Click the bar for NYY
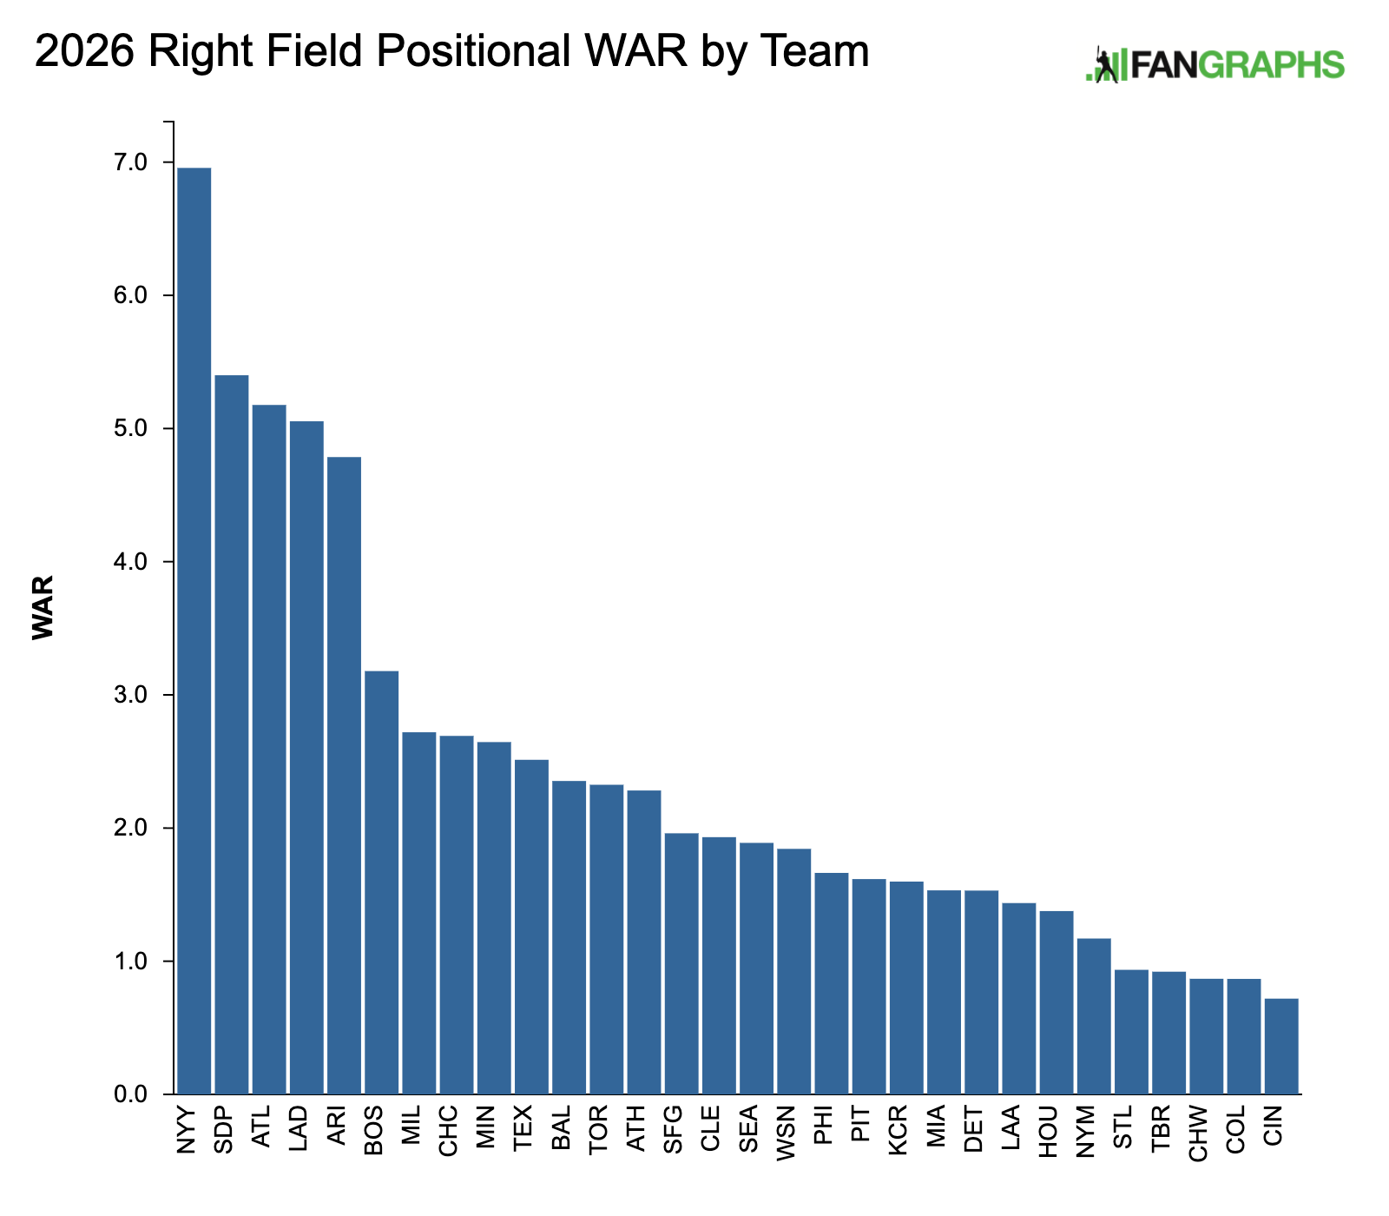tap(194, 631)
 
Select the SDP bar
tap(231, 735)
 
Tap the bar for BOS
tap(381, 882)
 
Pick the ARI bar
tap(344, 776)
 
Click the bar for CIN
tap(1281, 1046)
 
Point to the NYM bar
tap(1094, 1016)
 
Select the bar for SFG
tap(681, 963)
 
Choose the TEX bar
tap(531, 927)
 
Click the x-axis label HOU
tap(1049, 1130)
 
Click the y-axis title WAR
tap(43, 607)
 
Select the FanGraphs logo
tap(1215, 64)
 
